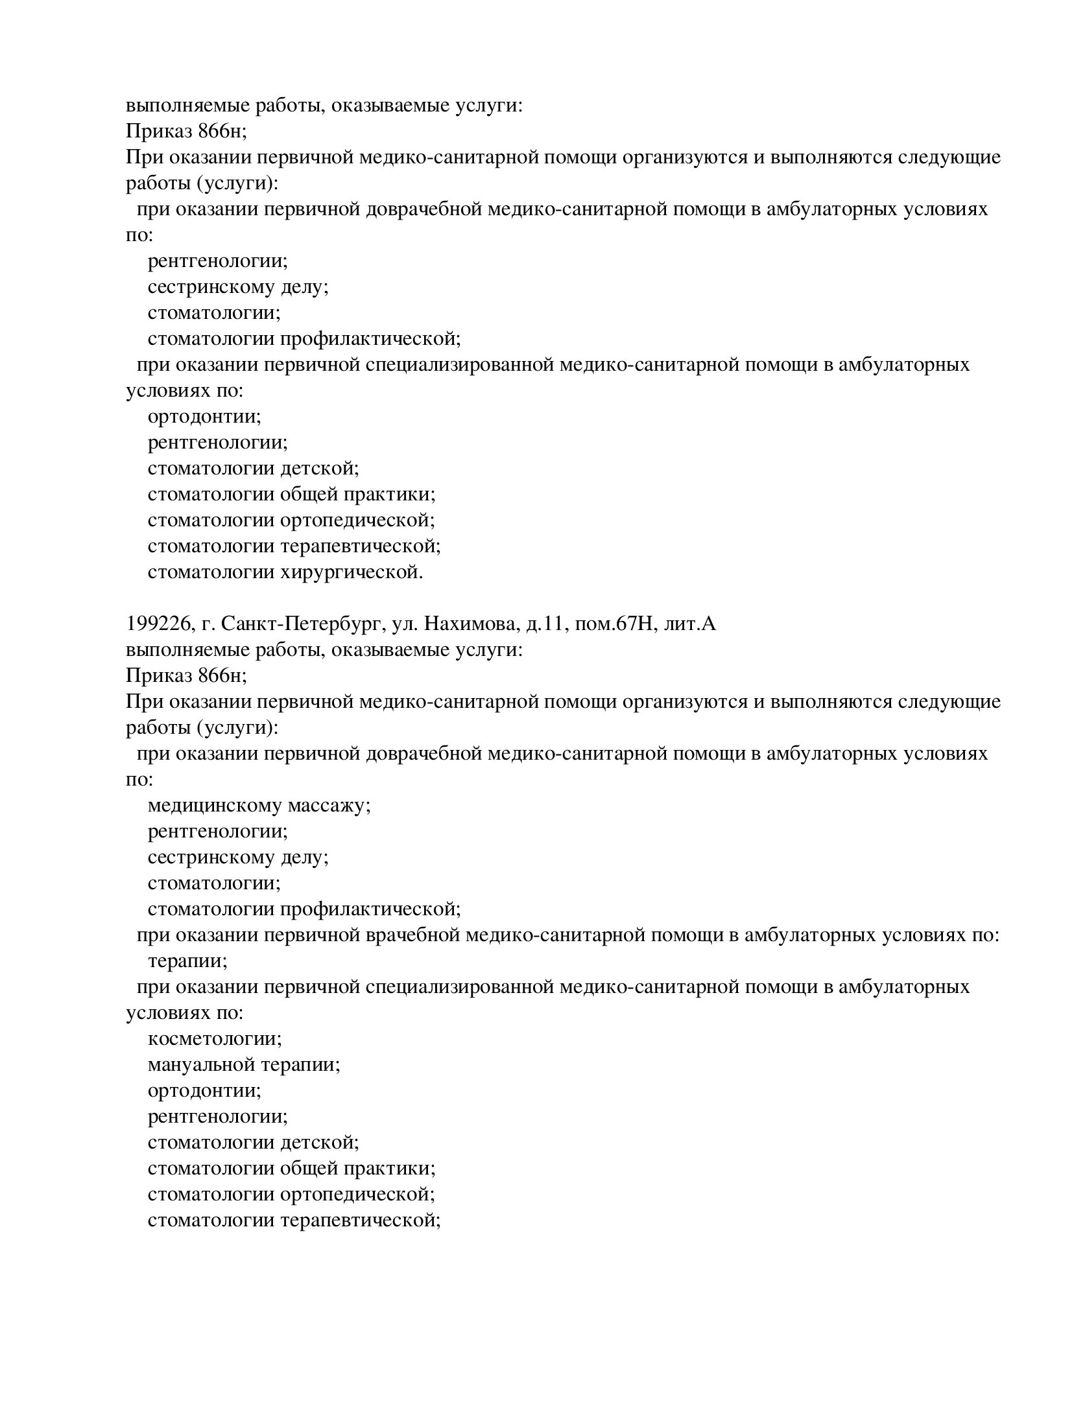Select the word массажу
(329, 806)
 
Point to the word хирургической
(352, 572)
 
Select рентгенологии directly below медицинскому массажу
(217, 832)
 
